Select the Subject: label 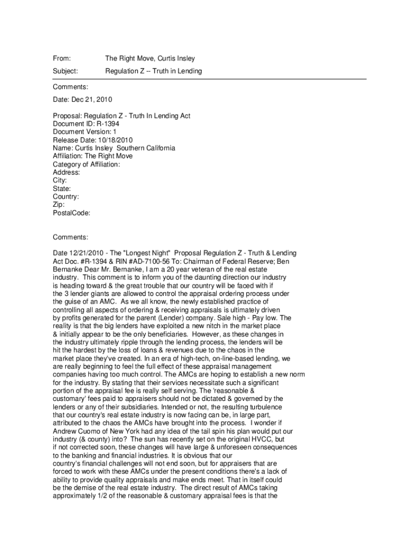click(x=65, y=71)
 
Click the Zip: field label click(x=59, y=205)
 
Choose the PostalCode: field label click(x=71, y=213)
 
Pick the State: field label click(x=62, y=189)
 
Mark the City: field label click(x=60, y=181)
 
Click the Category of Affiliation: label click(x=87, y=164)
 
